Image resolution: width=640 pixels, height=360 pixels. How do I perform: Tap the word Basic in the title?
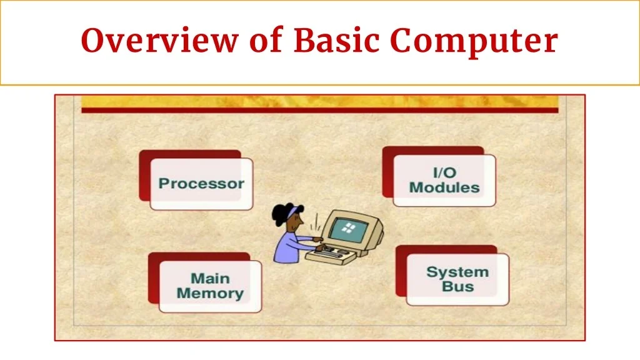(x=336, y=41)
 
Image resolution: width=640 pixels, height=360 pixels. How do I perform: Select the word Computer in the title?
(x=474, y=41)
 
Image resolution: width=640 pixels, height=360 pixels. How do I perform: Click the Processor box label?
(x=201, y=184)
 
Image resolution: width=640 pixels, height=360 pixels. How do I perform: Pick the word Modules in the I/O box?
(x=444, y=187)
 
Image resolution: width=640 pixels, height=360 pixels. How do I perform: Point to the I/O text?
(x=444, y=172)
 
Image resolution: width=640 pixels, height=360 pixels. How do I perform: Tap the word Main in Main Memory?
(x=210, y=278)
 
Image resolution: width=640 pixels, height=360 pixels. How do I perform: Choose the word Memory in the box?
(x=210, y=293)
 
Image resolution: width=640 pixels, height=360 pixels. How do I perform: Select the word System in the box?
(x=457, y=272)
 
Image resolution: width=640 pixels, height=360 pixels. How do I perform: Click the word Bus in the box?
(x=457, y=287)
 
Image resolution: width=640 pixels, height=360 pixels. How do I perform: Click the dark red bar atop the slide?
(x=319, y=111)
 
